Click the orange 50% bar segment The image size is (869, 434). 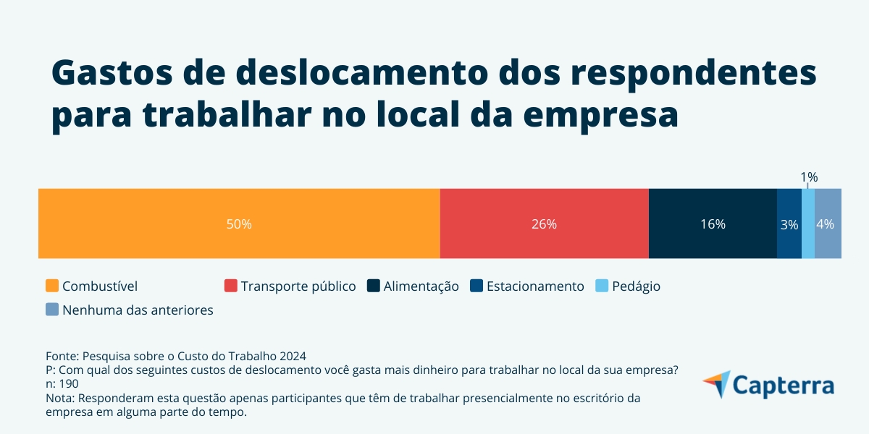(x=239, y=224)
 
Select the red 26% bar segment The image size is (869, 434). (x=544, y=224)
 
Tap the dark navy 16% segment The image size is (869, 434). (x=713, y=224)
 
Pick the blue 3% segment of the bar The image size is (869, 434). (x=789, y=224)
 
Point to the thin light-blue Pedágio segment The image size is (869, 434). (x=808, y=224)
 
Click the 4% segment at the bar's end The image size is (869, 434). (x=828, y=224)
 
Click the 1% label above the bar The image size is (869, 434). (x=808, y=177)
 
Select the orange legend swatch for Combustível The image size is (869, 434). (x=52, y=286)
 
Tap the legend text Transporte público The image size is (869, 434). (x=298, y=286)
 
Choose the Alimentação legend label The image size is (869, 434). (x=421, y=286)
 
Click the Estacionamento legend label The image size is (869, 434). (x=534, y=286)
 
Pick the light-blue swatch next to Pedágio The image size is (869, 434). (x=602, y=286)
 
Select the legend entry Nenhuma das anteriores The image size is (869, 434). (x=138, y=310)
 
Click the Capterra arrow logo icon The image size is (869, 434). (x=716, y=384)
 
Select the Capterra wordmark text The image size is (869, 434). (x=784, y=385)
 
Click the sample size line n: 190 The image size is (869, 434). (x=62, y=383)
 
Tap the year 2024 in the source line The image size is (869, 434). (x=293, y=356)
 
